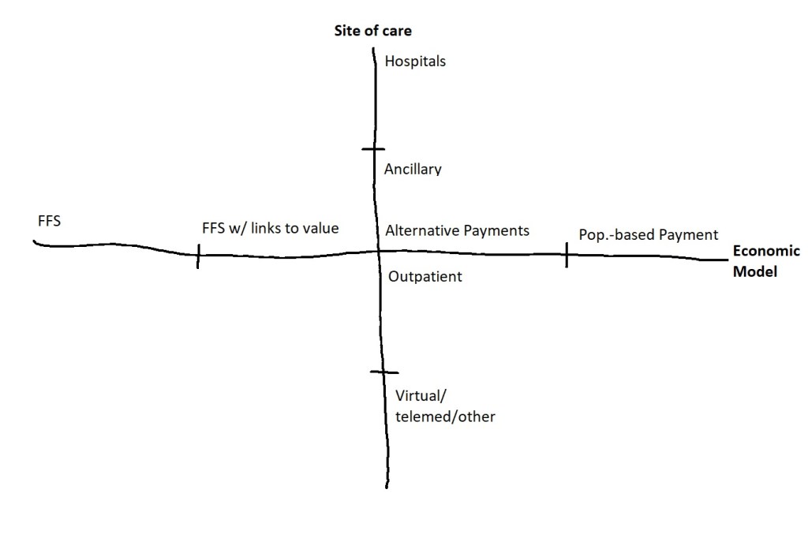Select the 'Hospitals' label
415,61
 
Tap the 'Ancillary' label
413,170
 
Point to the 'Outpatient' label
425,277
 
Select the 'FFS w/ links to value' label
270,229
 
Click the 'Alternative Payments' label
457,231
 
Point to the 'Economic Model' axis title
766,261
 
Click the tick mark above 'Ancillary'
373,148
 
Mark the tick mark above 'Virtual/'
383,372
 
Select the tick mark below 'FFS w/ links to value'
198,256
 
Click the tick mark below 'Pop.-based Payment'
567,255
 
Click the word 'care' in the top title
398,32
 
